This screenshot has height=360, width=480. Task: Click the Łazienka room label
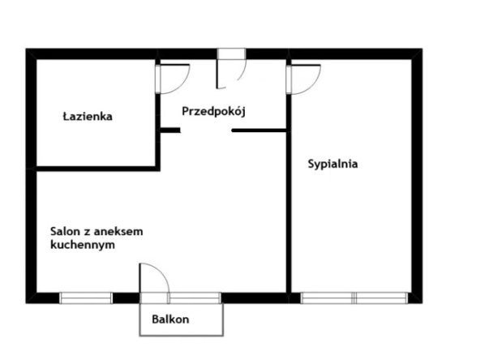coord(88,116)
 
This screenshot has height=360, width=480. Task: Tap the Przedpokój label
coord(214,111)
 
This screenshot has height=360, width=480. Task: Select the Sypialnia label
coord(332,164)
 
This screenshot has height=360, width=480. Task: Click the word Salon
coord(65,231)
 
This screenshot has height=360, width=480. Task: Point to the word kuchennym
coord(83,245)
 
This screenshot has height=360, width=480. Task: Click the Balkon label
coord(170,319)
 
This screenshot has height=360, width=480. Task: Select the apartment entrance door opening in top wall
coord(231,54)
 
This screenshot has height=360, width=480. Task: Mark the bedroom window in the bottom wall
coord(354,298)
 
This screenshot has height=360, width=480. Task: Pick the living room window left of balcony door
coord(86,298)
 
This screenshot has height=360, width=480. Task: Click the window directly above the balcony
coord(195,298)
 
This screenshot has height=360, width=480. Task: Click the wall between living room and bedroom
coord(289,212)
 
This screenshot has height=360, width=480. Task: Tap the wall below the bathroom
coord(96,169)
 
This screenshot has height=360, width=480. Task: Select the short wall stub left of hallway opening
coord(170,130)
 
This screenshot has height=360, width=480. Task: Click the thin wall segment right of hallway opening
coord(259,131)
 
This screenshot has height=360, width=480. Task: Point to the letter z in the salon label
coord(87,233)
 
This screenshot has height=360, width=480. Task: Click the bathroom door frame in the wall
coord(157,79)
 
